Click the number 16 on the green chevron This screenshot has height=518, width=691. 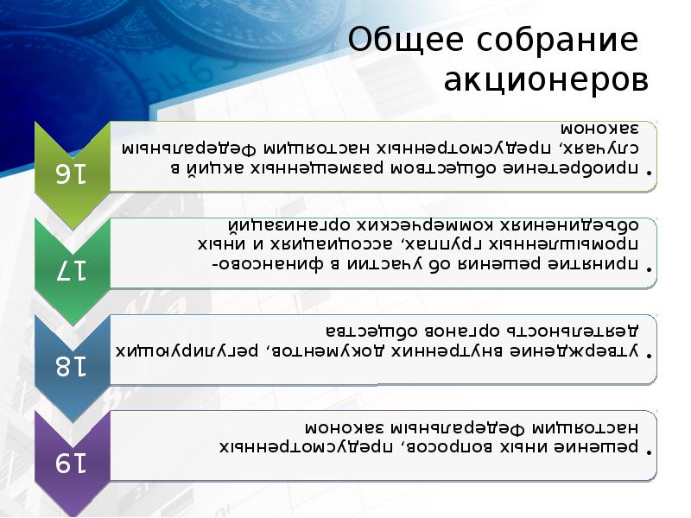tap(73, 173)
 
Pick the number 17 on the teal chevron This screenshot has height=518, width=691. tap(73, 269)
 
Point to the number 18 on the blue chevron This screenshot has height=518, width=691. tap(73, 366)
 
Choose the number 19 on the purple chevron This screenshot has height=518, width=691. tap(73, 463)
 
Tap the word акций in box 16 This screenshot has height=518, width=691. tap(207, 168)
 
